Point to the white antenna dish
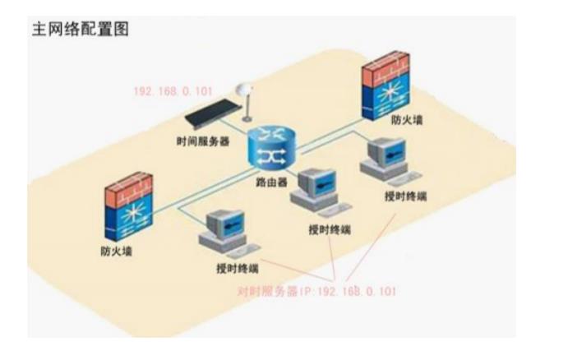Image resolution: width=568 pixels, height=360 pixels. pos(242,90)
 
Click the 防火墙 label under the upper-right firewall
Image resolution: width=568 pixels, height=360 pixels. pos(408,120)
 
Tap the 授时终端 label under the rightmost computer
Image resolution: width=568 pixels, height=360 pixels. pos(405,196)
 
